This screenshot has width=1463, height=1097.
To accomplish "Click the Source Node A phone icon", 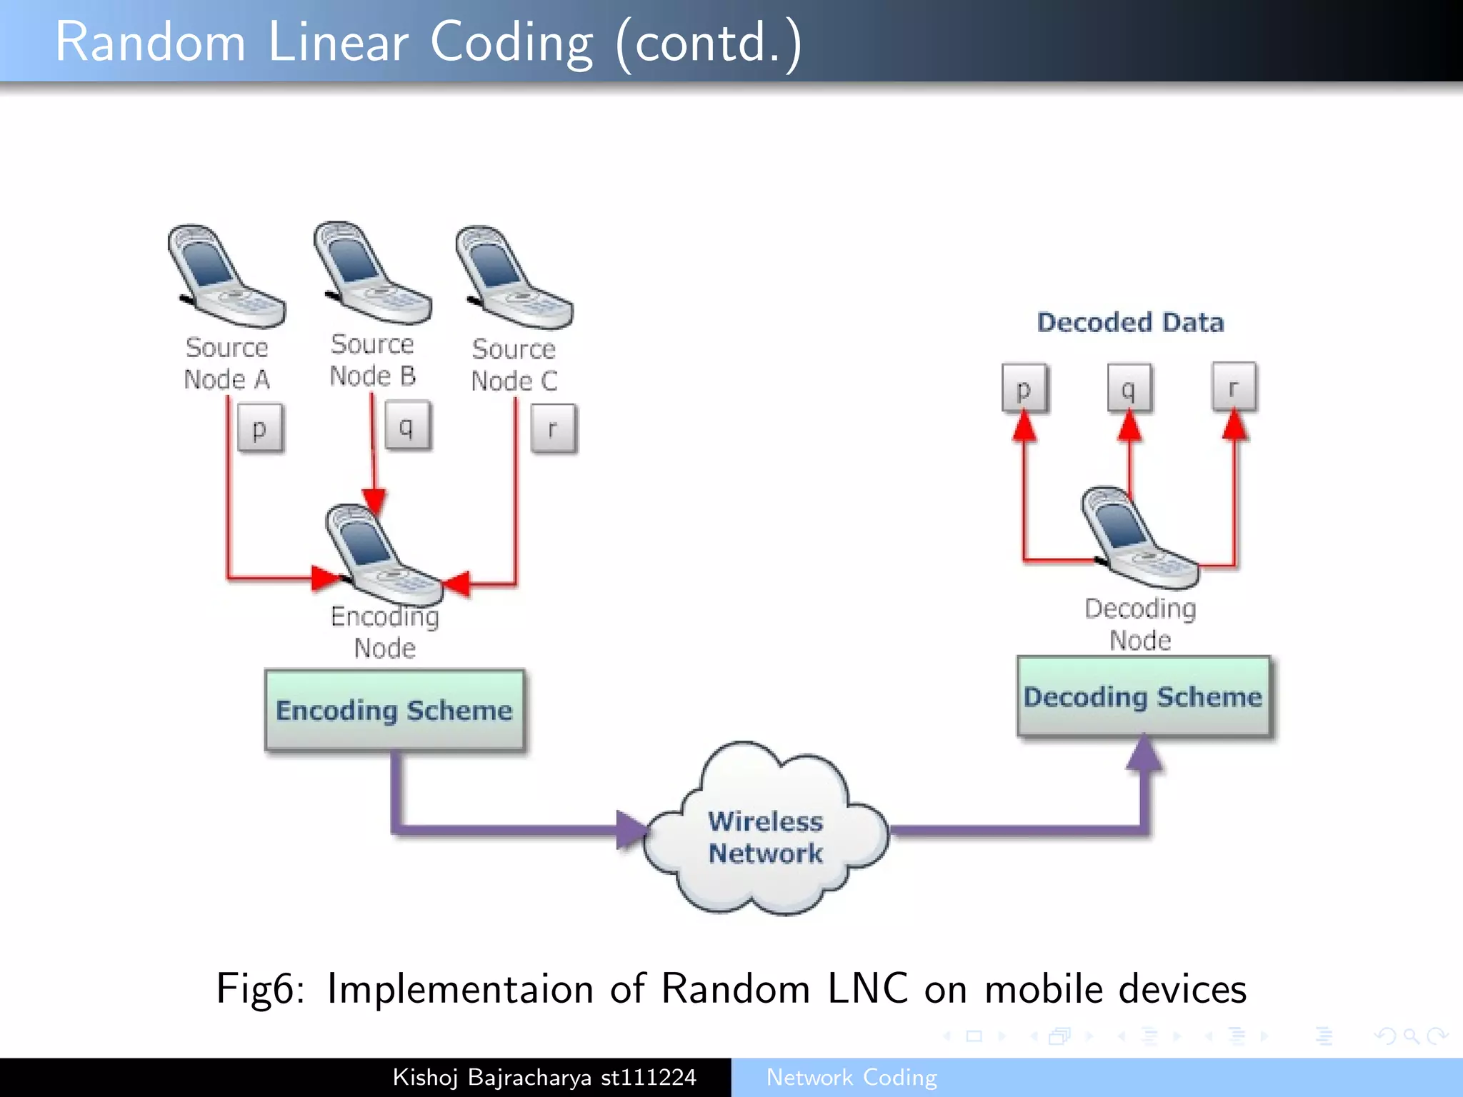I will point(225,276).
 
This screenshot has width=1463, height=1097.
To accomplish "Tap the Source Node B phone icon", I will point(371,273).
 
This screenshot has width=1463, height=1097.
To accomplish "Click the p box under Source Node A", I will point(260,429).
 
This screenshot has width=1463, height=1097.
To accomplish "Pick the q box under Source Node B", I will point(407,426).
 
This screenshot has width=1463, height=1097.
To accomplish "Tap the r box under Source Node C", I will point(554,429).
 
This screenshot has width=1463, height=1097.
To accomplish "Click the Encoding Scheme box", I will point(394,710).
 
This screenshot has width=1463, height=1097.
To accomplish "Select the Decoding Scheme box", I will point(1143,696).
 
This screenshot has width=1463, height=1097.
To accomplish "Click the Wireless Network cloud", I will point(766,836).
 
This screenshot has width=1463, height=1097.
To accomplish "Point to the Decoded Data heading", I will point(1130,322).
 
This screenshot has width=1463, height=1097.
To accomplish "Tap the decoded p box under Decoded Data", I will point(1024,389).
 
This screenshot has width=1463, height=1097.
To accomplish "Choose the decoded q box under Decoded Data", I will point(1129,389).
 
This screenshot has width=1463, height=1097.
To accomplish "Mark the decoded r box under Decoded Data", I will point(1234,387).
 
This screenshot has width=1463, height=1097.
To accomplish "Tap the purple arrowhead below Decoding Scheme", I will point(1144,753).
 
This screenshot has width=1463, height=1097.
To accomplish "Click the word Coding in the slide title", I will point(511,43).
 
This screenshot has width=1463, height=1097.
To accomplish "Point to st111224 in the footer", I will point(648,1077).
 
